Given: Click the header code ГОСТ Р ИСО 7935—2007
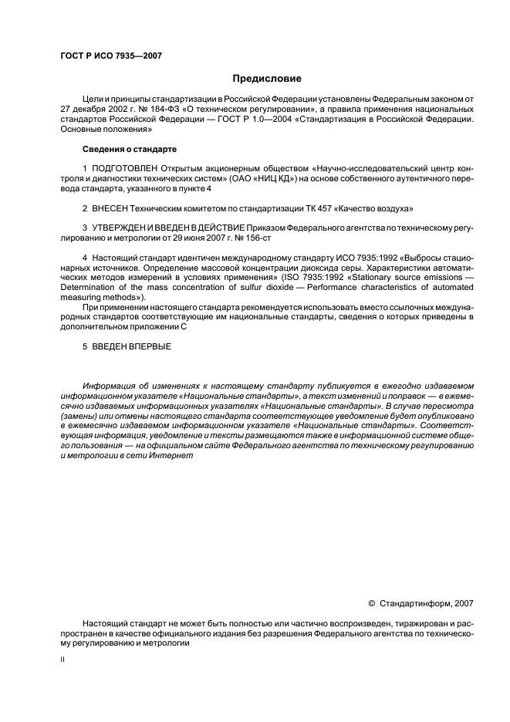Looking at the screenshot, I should click(110, 56).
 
